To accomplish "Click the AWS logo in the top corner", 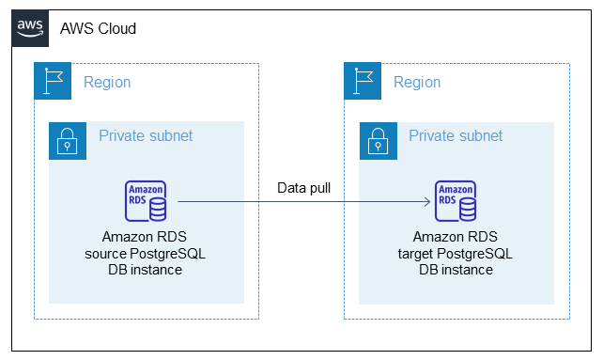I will tap(30, 28).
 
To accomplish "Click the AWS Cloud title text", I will tap(98, 28).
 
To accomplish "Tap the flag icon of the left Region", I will tap(53, 82).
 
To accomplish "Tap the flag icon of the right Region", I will tap(363, 82).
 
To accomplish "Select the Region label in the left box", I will tap(107, 82).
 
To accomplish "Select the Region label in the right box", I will tap(417, 82).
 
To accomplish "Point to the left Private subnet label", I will tap(146, 136).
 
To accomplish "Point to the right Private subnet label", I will tap(456, 136).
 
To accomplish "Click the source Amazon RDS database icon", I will tap(147, 201).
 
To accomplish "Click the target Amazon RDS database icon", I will tap(456, 201).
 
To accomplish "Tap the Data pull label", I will tap(303, 188).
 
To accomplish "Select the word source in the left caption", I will tap(104, 254).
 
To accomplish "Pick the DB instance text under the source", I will tap(146, 270).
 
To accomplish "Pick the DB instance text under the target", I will tap(456, 270).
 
